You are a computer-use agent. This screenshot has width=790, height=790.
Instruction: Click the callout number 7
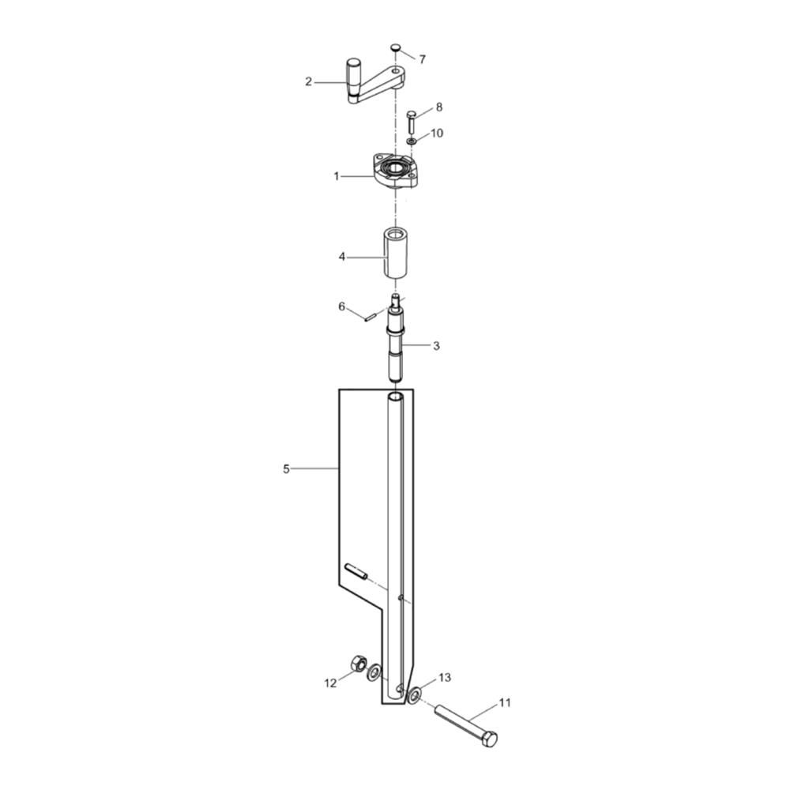click(422, 59)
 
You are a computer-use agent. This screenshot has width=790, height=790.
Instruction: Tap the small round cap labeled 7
click(396, 47)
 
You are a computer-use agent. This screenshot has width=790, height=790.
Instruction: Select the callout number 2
click(308, 81)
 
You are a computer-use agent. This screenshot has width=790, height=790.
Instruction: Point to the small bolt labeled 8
click(411, 122)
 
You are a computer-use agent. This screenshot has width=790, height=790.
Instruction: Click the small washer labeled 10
click(412, 141)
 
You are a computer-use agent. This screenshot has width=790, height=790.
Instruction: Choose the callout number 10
click(437, 133)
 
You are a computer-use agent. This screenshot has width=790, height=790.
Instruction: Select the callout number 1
click(337, 176)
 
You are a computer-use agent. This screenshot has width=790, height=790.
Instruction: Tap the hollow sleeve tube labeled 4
click(395, 253)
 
